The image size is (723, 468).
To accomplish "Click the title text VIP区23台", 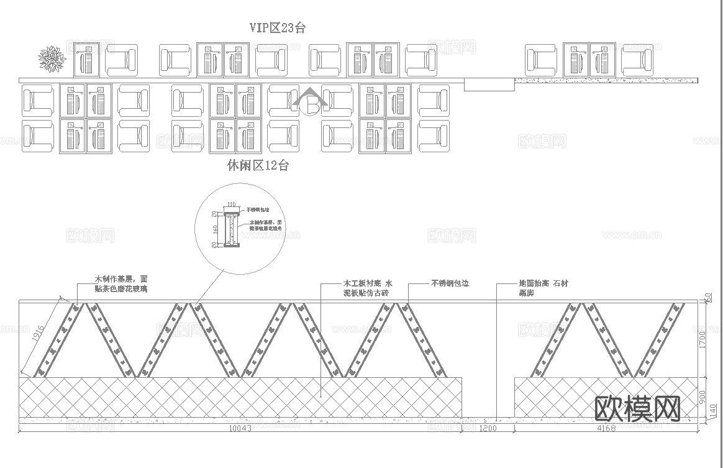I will pyautogui.click(x=277, y=27).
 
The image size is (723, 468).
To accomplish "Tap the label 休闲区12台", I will pyautogui.click(x=258, y=165).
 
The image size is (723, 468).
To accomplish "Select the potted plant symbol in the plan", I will pyautogui.click(x=52, y=58).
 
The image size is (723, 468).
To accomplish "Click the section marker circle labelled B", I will pyautogui.click(x=311, y=106).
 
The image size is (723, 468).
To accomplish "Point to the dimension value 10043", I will pyautogui.click(x=240, y=429).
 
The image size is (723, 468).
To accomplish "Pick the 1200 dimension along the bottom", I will pyautogui.click(x=488, y=429).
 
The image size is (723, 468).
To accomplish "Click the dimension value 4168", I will pyautogui.click(x=606, y=429).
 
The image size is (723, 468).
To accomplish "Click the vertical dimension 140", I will pyautogui.click(x=712, y=411).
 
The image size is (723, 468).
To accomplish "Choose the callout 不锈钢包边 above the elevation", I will pyautogui.click(x=450, y=283).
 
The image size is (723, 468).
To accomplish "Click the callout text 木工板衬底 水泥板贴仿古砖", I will pyautogui.click(x=368, y=288).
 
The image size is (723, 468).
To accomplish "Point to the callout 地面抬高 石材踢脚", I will pyautogui.click(x=543, y=288).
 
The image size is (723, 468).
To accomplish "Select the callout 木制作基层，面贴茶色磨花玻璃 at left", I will pyautogui.click(x=121, y=284).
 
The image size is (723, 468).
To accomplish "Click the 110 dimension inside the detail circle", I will pyautogui.click(x=231, y=204).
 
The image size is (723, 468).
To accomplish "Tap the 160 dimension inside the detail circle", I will pyautogui.click(x=215, y=229).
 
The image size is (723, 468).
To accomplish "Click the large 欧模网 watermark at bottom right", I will pyautogui.click(x=637, y=408).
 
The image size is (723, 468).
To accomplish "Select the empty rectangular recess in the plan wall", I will pyautogui.click(x=489, y=85).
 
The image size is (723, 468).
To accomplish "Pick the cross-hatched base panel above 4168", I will pyautogui.click(x=606, y=397).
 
